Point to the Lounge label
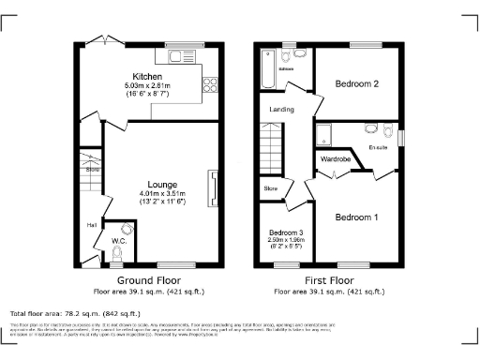(149, 184)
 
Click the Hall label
(92, 225)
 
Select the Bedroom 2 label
(356, 83)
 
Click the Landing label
(281, 110)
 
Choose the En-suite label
(380, 147)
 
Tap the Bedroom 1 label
(356, 217)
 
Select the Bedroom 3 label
(285, 232)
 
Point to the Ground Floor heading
(148, 280)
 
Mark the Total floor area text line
(75, 313)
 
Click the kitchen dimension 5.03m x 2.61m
(149, 86)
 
